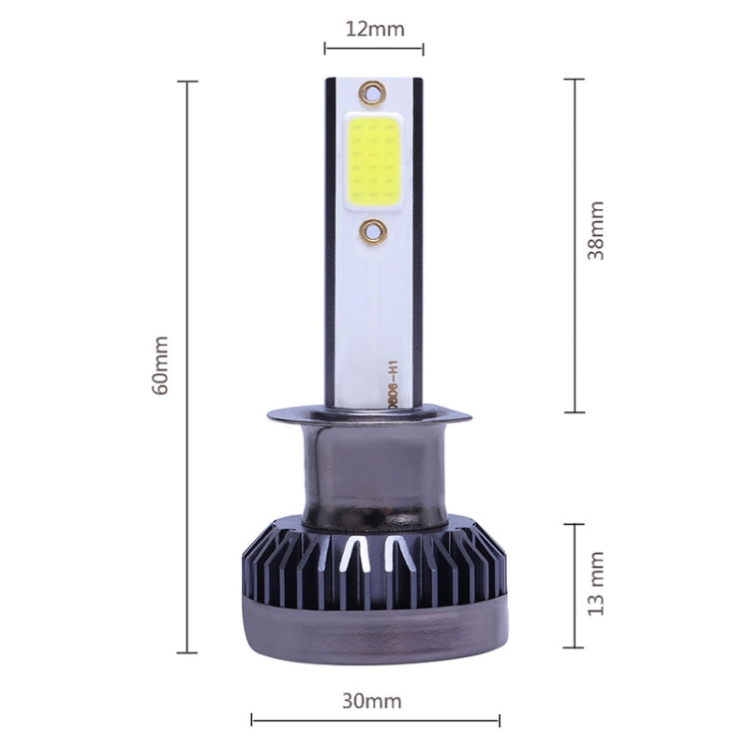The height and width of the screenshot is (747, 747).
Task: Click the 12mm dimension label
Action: pos(374,28)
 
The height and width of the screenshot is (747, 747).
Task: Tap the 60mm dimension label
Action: pos(161,365)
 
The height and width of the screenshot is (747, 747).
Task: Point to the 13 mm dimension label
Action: pos(596,584)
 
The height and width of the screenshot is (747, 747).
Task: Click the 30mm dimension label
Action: pos(372,700)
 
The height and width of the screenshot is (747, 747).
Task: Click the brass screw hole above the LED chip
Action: pos(373,94)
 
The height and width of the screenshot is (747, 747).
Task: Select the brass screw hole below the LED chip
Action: pos(373,232)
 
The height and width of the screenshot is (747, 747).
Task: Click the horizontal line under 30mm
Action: pos(374,719)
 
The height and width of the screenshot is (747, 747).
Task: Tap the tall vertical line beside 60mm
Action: pos(187,367)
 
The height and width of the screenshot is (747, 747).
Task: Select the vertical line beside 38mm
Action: pos(575,245)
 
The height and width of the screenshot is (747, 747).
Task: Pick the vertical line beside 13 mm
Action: pos(575,586)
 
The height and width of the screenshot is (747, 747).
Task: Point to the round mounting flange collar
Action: pos(373,419)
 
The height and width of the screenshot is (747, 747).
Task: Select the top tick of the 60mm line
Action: pos(187,82)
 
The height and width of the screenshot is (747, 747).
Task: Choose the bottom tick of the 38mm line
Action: pos(575,411)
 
